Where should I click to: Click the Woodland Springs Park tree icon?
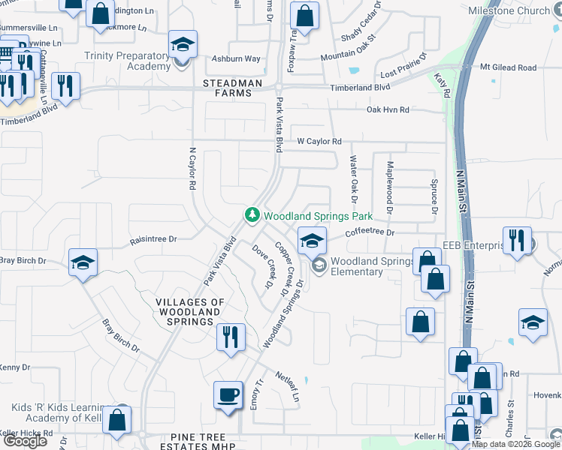point(252,216)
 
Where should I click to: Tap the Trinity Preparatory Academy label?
point(127,61)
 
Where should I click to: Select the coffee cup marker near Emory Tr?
point(228,394)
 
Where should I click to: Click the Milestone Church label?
point(509,11)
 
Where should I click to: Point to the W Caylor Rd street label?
point(319,141)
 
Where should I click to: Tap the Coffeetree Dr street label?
point(370,232)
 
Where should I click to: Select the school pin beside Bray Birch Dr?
point(83,263)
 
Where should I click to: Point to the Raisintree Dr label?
point(153,239)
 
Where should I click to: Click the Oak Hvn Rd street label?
point(388,110)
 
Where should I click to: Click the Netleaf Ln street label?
point(288,385)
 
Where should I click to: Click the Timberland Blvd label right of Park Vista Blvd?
point(360,88)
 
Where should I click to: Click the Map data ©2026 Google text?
point(515,444)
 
